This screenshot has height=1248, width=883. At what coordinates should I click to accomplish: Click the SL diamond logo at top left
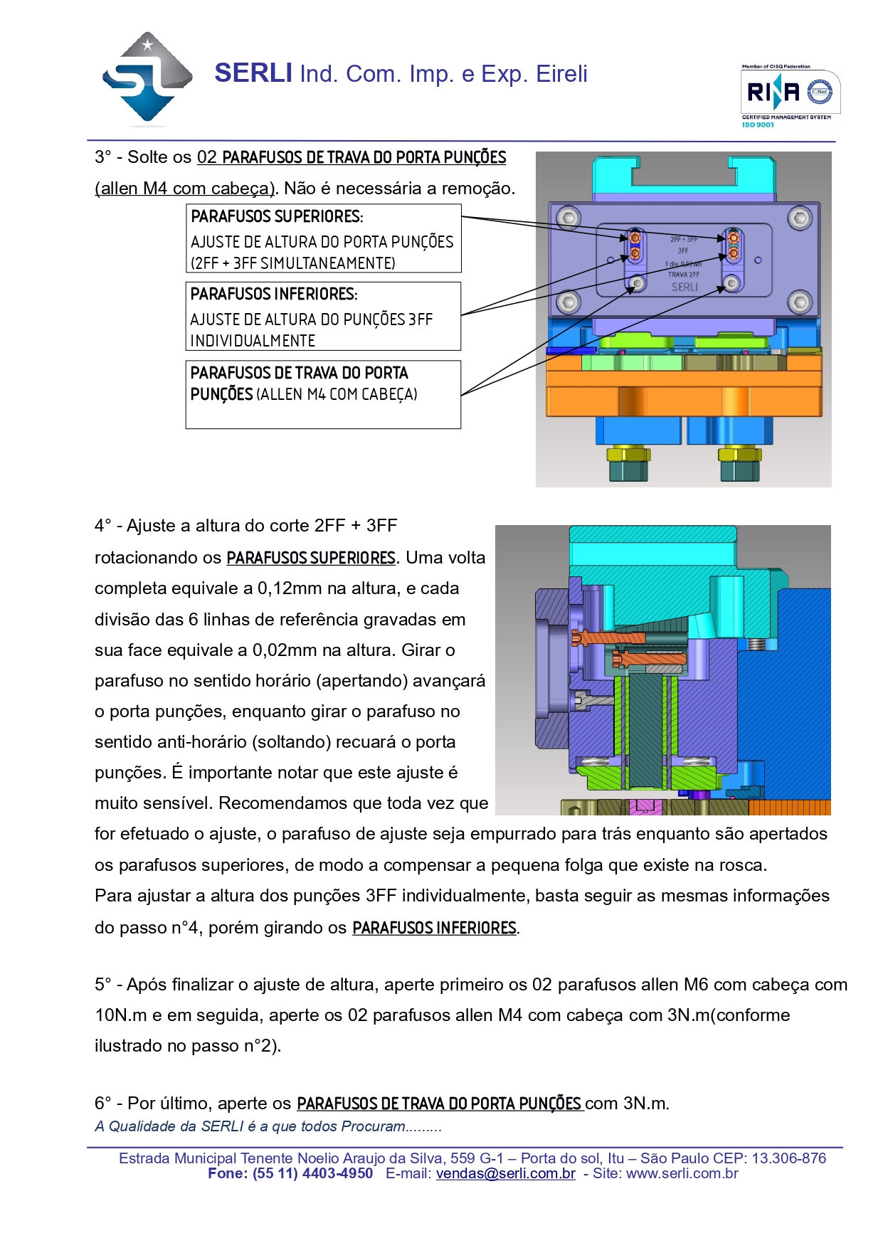(147, 78)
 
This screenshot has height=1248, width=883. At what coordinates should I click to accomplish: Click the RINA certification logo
(791, 95)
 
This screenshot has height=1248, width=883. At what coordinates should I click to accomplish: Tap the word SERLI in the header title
(253, 73)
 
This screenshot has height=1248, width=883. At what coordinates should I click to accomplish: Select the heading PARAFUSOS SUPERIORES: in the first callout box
(277, 216)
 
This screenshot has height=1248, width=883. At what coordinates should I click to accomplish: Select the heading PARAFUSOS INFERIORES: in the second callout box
(274, 294)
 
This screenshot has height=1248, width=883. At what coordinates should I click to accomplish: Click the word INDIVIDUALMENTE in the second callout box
(253, 341)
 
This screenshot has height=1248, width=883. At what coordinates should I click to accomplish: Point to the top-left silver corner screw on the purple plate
(568, 217)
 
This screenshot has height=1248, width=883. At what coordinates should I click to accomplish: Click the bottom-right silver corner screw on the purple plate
(800, 302)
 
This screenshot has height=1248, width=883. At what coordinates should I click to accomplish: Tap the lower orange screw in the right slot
(733, 253)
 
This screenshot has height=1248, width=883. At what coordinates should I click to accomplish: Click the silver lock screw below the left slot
(637, 283)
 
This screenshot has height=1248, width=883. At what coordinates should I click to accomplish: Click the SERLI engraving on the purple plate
(684, 287)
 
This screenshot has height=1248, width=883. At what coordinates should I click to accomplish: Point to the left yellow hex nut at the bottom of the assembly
(628, 454)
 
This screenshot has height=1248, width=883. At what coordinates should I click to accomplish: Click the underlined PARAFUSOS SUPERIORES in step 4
(310, 558)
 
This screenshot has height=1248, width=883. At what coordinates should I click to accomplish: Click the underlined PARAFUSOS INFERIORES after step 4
(434, 928)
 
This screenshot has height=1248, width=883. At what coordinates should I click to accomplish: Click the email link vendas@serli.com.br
(505, 1173)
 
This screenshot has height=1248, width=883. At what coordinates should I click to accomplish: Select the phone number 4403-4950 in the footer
(337, 1173)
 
